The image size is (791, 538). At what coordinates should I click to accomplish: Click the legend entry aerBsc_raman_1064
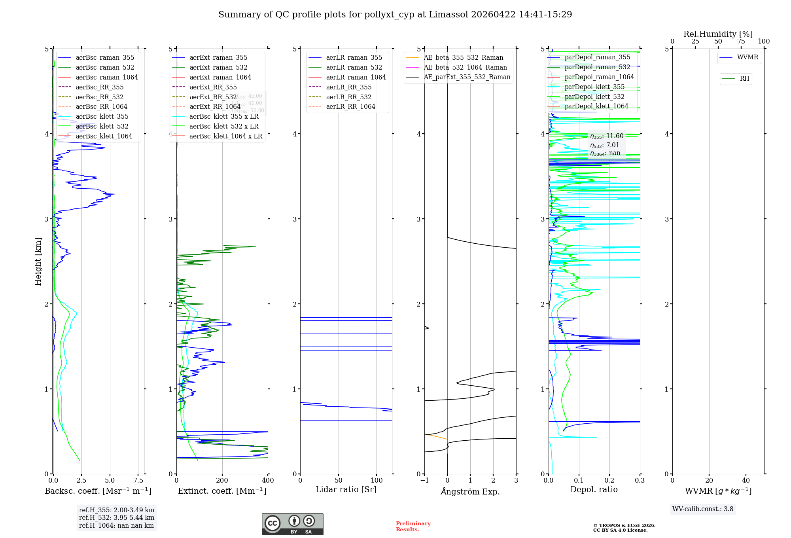(x=107, y=77)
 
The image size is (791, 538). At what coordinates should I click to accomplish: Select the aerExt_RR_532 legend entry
(x=213, y=97)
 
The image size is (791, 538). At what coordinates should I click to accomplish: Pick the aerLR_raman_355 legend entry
(x=354, y=57)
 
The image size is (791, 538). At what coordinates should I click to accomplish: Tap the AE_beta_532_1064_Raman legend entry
(x=465, y=67)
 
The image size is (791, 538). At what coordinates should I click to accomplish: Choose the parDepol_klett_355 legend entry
(x=594, y=87)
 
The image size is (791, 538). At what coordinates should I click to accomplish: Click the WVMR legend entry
(x=747, y=57)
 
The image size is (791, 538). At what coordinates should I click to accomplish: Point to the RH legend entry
(x=744, y=79)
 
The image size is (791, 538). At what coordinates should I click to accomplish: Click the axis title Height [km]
(x=38, y=261)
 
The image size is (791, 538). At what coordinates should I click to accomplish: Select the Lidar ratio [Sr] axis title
(x=346, y=489)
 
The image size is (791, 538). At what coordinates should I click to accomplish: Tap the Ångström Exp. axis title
(x=470, y=491)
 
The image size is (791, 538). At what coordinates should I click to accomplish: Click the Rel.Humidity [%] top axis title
(x=718, y=34)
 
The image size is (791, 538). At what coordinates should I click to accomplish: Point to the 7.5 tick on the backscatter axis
(x=138, y=481)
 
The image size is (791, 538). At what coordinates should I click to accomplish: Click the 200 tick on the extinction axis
(x=222, y=481)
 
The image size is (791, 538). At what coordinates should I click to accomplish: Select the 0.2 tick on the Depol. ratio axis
(x=609, y=481)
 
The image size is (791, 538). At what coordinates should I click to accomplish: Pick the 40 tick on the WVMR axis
(x=746, y=481)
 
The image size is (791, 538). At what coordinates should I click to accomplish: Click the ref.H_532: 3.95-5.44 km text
(x=117, y=517)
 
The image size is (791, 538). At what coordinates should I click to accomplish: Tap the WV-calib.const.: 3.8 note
(x=703, y=509)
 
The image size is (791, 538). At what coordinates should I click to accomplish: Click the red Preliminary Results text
(x=413, y=527)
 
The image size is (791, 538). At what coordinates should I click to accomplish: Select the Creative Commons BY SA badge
(x=292, y=524)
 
